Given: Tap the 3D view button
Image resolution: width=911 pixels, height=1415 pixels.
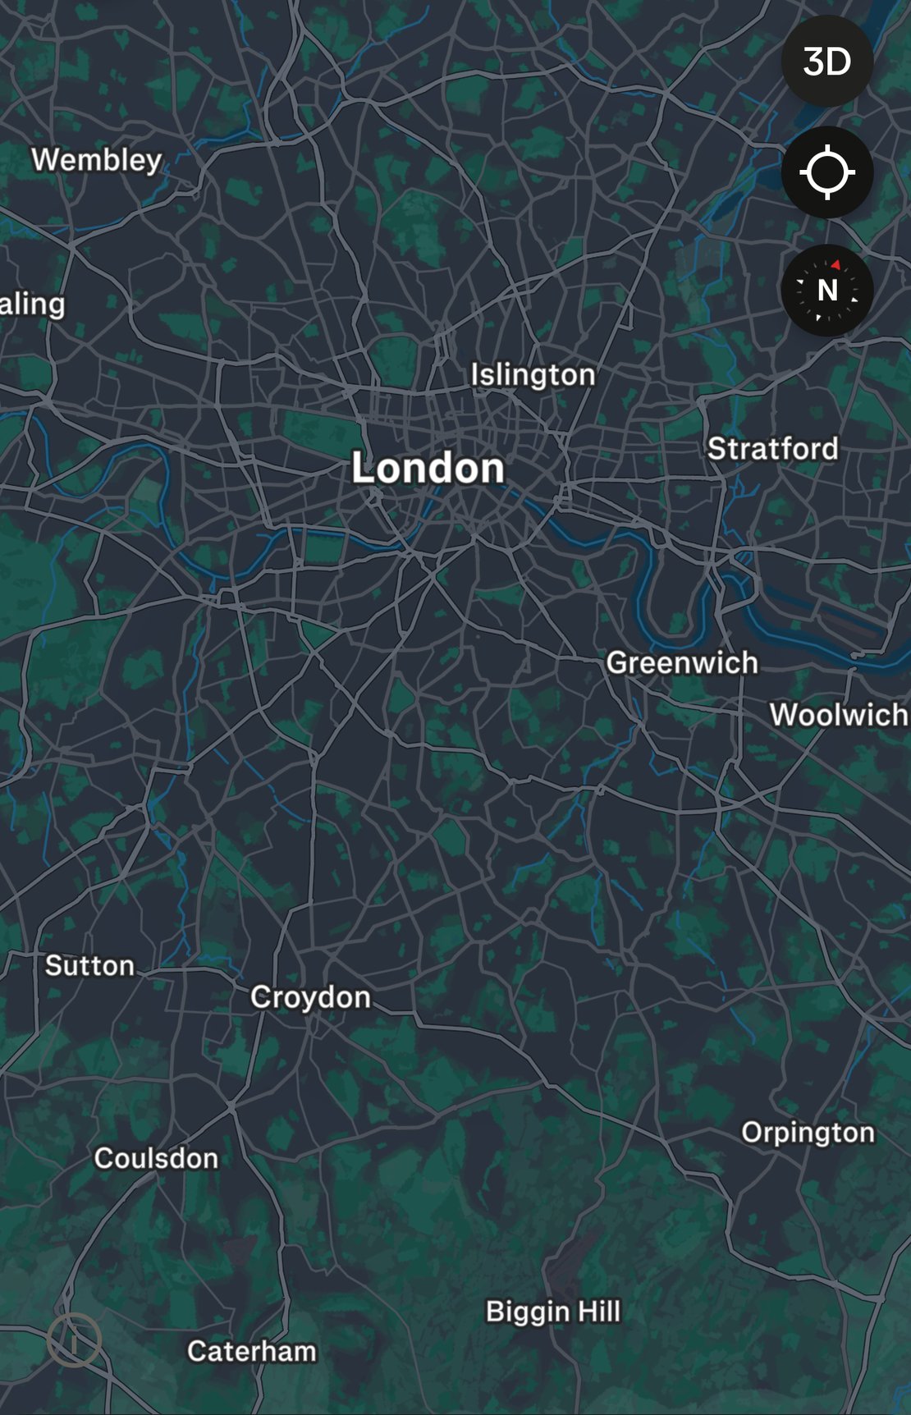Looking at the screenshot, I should (x=826, y=62).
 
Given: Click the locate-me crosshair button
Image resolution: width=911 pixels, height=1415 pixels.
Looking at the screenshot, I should (x=826, y=172).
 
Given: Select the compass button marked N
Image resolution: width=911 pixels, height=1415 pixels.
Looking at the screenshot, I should (x=826, y=290).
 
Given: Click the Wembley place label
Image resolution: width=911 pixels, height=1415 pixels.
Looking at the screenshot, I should (x=97, y=159).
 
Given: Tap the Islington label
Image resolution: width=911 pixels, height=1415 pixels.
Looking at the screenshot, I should (x=533, y=374).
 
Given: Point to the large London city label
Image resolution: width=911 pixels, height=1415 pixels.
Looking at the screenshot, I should (x=428, y=468).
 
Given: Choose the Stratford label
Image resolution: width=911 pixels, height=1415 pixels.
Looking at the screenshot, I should (x=772, y=448).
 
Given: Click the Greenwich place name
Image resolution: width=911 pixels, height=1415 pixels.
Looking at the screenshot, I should (x=681, y=662).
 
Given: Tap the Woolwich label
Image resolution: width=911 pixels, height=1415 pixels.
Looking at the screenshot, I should (x=839, y=714).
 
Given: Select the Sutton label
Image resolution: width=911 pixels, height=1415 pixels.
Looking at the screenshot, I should (x=89, y=965).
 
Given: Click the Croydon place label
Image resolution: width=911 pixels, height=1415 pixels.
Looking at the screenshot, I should (x=310, y=997).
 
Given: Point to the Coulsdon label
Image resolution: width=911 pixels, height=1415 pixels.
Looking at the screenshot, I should (x=156, y=1158).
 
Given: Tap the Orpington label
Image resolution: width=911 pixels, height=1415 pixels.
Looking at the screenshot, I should (x=808, y=1133).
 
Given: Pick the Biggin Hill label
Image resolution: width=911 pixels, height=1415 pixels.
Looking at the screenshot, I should (x=553, y=1311).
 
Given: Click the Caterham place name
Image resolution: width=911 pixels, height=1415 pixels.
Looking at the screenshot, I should (x=251, y=1351).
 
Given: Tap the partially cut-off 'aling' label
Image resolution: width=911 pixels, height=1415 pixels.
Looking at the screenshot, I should (x=32, y=305).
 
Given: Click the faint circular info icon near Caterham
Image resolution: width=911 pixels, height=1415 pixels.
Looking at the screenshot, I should (x=74, y=1340).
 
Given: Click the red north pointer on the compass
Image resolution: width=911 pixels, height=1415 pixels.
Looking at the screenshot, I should (x=835, y=265).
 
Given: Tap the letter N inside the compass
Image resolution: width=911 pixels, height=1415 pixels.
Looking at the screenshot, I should (x=827, y=291).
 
